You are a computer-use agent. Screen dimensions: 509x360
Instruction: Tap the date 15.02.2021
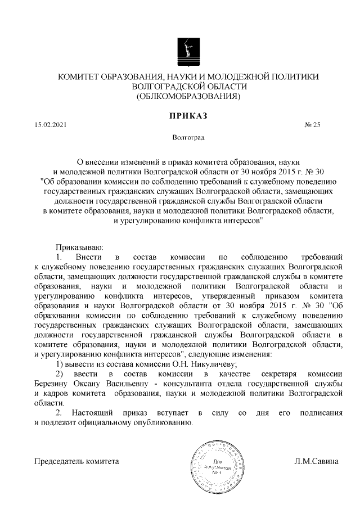tap(49, 125)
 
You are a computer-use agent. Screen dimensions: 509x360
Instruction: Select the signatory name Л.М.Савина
tap(317, 462)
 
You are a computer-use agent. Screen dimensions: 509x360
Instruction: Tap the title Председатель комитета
tap(77, 462)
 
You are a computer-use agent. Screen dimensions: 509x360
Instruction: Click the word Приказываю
tap(78, 246)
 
